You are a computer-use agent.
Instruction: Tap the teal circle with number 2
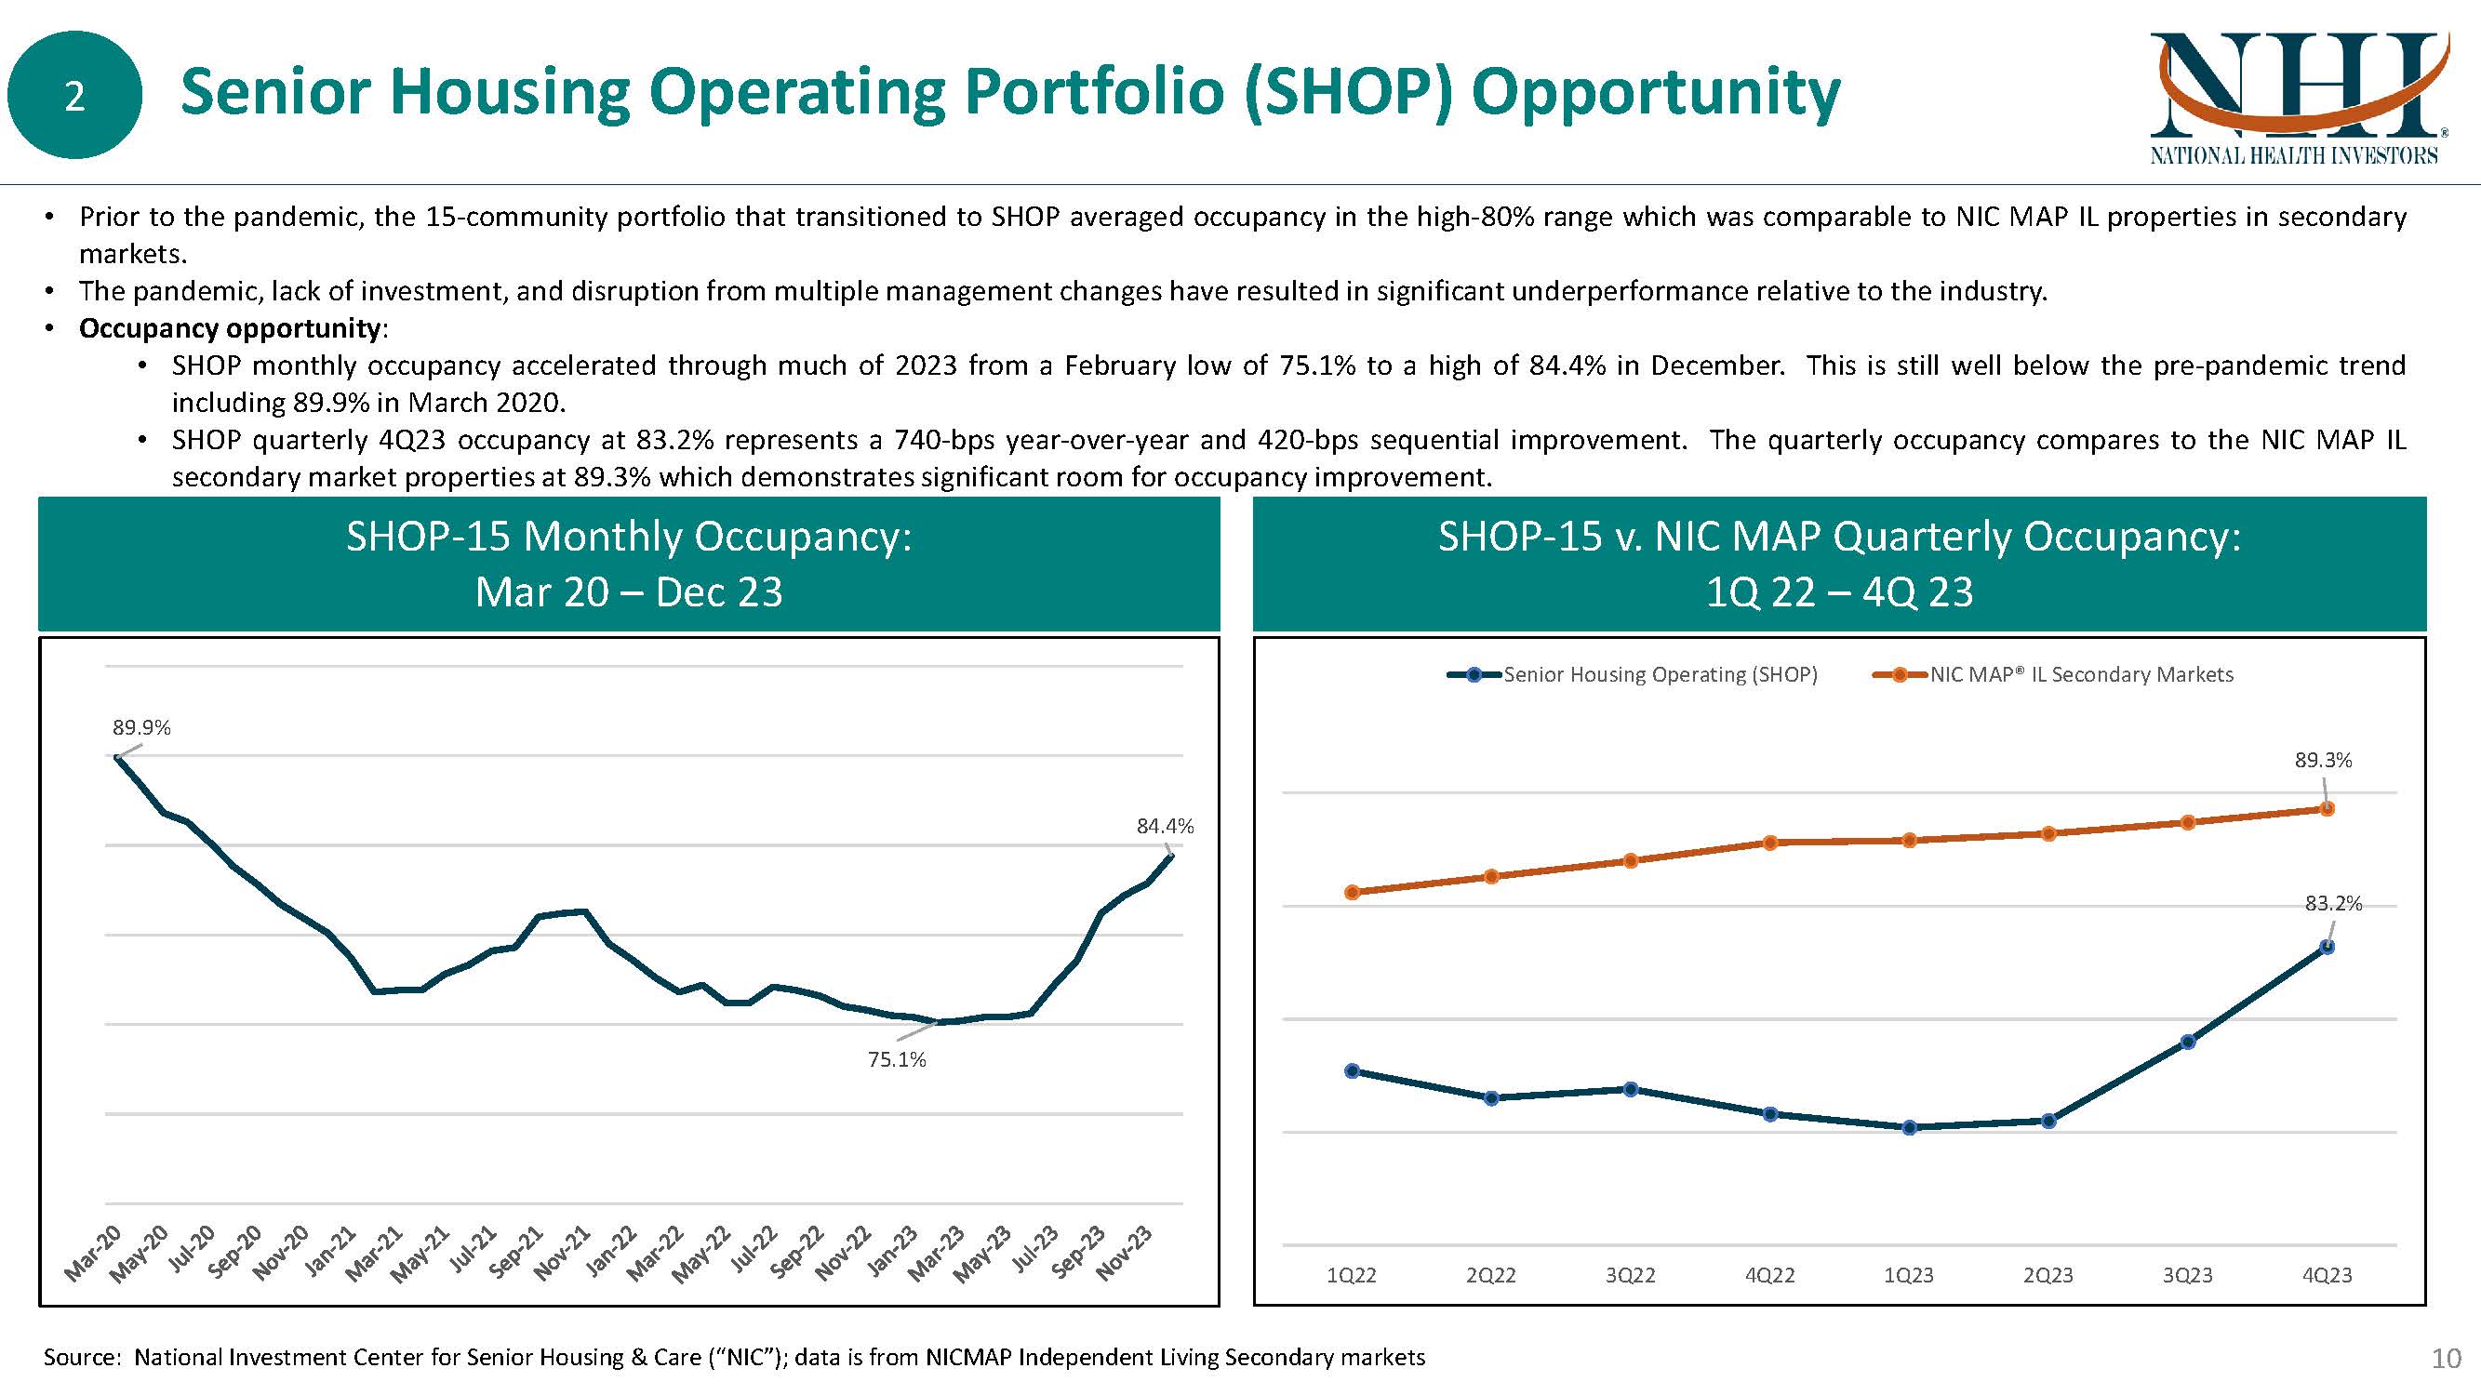tap(74, 95)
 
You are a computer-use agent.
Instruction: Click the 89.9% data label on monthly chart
tap(141, 728)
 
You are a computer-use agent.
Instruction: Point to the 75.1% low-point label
tap(897, 1060)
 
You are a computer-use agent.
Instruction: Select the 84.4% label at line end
tap(1165, 826)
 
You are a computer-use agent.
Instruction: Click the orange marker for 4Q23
tap(2327, 809)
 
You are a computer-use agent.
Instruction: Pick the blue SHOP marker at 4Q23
tap(2327, 948)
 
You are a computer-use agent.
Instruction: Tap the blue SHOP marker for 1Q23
tap(1909, 1127)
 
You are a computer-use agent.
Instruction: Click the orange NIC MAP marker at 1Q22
tap(1352, 893)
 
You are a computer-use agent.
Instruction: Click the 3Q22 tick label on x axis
tap(1630, 1276)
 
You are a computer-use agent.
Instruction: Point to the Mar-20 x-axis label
tap(93, 1255)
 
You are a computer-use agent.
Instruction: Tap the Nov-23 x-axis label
tap(1125, 1255)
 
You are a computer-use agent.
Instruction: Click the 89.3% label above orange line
tap(2323, 761)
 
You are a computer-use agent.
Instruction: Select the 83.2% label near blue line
tap(2333, 903)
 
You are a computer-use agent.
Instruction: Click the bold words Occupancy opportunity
tap(229, 328)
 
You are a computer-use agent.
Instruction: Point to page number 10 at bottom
tap(2447, 1359)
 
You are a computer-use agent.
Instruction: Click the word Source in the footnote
tap(80, 1358)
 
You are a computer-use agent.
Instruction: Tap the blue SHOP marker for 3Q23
tap(2187, 1042)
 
